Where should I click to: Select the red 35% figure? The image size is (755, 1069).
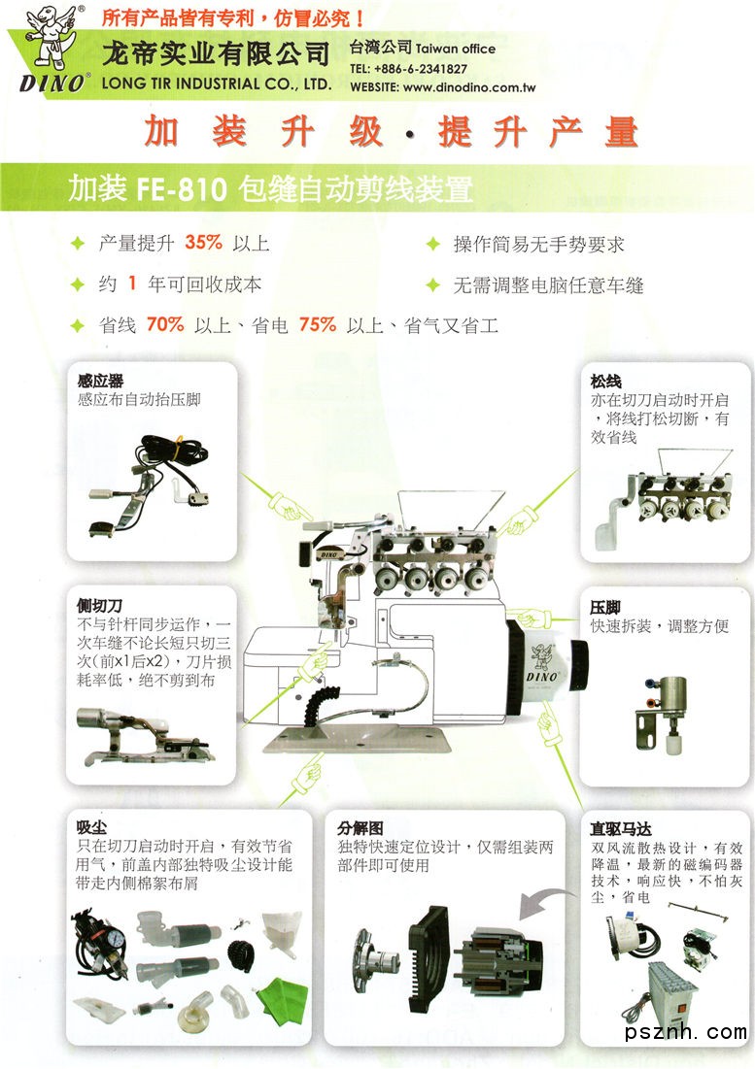point(203,242)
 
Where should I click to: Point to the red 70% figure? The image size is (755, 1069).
point(165,324)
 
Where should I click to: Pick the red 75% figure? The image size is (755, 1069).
point(317,324)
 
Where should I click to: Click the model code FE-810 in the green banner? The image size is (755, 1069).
point(182,189)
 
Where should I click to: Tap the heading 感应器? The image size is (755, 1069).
point(100,382)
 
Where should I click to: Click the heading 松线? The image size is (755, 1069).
point(605,382)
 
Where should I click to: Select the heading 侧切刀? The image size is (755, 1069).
point(99,606)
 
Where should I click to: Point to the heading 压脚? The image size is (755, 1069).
point(605,607)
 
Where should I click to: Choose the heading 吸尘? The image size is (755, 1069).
point(91,827)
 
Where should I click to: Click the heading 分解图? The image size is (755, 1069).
point(360,828)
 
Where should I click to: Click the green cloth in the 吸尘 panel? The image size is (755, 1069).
point(282,999)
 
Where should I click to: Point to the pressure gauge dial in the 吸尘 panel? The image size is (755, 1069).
point(117,938)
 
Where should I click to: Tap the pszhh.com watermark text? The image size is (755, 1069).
point(685,1031)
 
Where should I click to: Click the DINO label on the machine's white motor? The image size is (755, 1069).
point(541,677)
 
